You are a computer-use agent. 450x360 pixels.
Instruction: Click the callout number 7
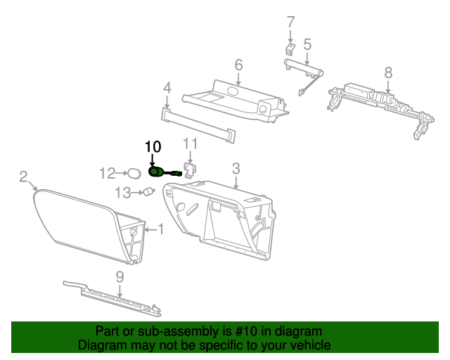pos(290,22)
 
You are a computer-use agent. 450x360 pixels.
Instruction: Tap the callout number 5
pos(307,45)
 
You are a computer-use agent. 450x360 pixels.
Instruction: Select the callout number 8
pos(388,72)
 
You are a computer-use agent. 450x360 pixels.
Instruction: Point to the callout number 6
pos(238,65)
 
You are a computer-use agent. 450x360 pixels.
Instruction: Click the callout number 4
pos(167,88)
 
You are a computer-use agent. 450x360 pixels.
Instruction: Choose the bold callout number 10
pos(153,147)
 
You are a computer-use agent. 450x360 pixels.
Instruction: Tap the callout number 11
pos(191,144)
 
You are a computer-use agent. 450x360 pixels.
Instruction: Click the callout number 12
pos(107,174)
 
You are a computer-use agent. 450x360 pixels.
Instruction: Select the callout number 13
pos(123,193)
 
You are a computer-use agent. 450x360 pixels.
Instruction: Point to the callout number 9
pos(120,277)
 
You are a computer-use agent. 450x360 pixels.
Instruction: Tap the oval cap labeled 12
pos(134,174)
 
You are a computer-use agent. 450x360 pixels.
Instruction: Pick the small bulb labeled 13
pos(149,191)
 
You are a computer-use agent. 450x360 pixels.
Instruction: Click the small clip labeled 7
pos(290,49)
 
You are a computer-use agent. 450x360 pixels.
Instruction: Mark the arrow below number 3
pos(236,182)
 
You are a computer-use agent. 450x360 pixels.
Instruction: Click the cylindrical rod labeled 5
pos(304,69)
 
